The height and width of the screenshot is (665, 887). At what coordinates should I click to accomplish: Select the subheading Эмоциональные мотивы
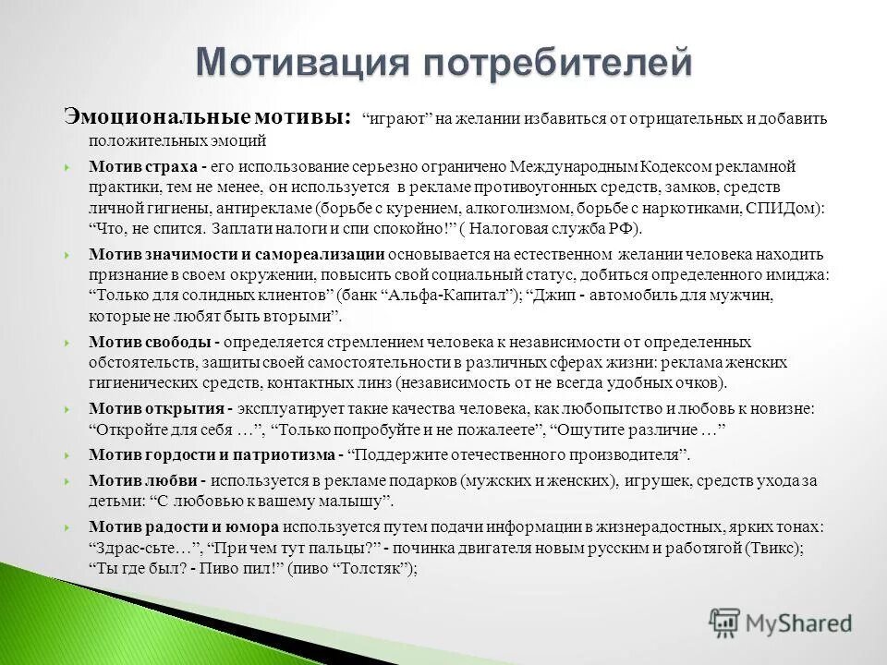[x=206, y=118]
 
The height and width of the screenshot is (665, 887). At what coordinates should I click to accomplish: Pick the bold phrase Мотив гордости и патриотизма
[x=212, y=454]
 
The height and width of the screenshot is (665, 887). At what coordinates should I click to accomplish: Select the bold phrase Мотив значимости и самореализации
[x=237, y=254]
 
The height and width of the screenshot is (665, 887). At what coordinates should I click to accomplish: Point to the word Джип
[x=547, y=296]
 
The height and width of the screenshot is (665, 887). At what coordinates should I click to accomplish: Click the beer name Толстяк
[x=380, y=570]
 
